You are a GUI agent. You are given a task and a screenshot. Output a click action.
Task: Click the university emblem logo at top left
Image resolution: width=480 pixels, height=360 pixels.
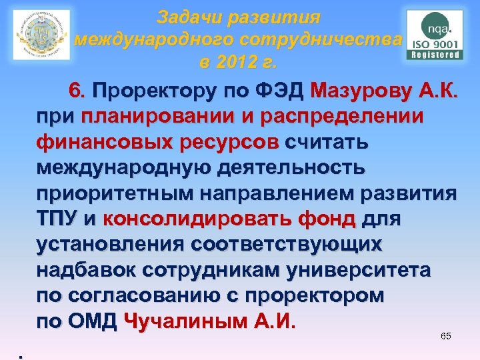[x=41, y=35]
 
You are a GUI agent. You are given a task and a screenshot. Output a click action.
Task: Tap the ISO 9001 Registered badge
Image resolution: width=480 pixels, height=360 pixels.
[x=435, y=35]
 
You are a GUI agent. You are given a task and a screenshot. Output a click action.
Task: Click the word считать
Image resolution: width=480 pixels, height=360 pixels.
[x=327, y=142]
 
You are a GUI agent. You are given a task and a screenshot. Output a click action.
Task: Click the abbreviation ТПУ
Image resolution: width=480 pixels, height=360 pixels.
[x=57, y=219]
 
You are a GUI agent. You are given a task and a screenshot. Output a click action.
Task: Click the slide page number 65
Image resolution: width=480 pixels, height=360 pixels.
[x=446, y=336]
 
